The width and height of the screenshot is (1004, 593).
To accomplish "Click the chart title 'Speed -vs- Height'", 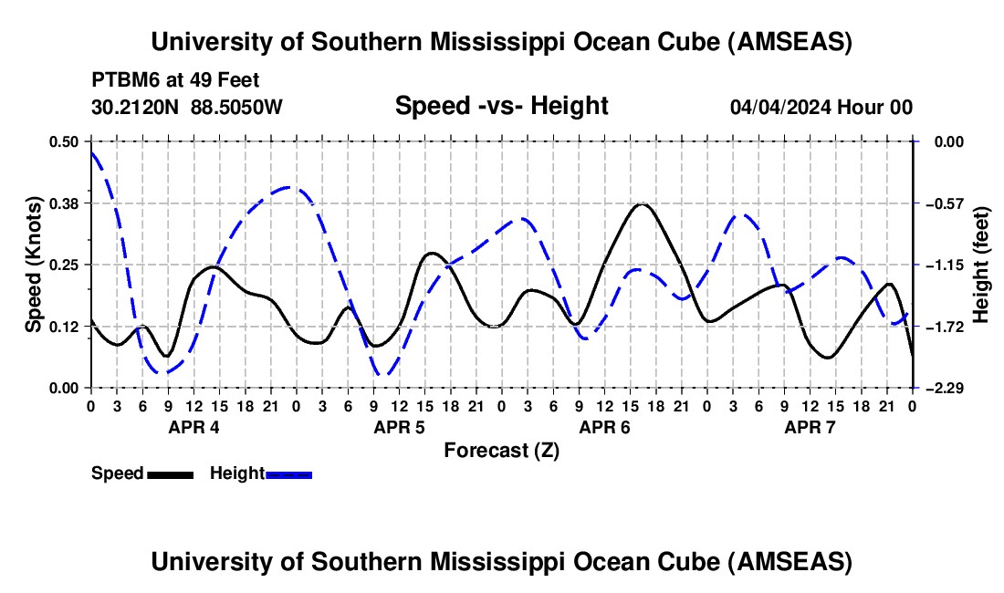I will tap(501, 106).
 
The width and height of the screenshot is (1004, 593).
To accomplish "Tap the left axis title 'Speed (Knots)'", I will tap(33, 264).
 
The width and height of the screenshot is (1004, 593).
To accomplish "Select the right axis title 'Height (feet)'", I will tap(981, 265).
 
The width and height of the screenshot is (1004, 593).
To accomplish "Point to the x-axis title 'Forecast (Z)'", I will tap(501, 450).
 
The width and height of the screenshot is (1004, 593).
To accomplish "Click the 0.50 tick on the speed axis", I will tap(64, 141).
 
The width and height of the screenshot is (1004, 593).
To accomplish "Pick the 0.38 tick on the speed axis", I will tap(64, 203).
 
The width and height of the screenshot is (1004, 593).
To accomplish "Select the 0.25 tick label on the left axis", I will tap(64, 265).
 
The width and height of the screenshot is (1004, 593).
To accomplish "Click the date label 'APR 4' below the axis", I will tap(193, 427).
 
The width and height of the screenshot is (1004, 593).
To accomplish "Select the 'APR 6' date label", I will tap(604, 427).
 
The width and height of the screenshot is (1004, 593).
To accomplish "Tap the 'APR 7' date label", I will tap(810, 427).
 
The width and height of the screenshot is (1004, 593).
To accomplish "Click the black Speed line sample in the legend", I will tap(170, 473).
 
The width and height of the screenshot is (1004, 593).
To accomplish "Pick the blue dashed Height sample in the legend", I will tap(288, 473).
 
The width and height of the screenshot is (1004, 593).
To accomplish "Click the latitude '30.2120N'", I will tap(136, 107).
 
